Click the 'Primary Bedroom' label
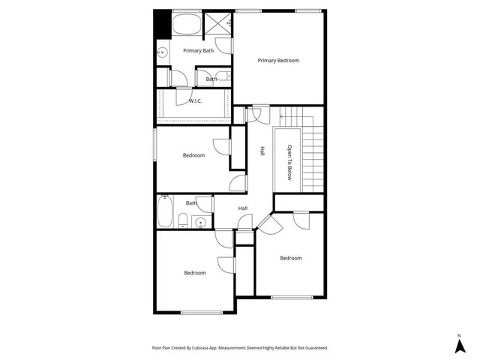pos(278,60)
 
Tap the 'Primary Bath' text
pos(199,50)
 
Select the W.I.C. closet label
pos(195,100)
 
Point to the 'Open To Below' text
pos(289,161)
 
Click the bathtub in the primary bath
pos(185,24)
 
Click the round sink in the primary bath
pos(163,52)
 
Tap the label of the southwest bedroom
pos(195,273)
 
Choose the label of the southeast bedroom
pos(291,258)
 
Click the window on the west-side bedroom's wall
pos(155,144)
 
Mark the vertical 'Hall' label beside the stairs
pos(262,151)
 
